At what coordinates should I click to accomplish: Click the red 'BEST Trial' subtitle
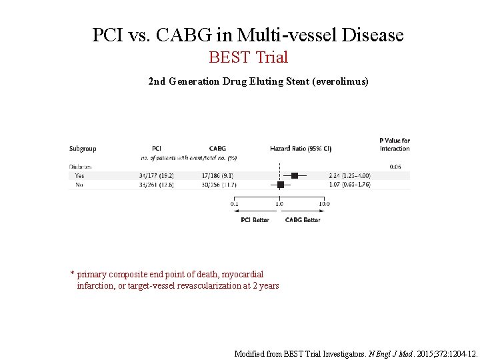pos(248,57)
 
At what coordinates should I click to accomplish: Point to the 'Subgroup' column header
pos(83,149)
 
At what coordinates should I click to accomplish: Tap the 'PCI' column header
pos(157,149)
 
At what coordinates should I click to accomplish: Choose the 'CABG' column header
pos(217,149)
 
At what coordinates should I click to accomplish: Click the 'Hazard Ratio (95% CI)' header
pos(301,149)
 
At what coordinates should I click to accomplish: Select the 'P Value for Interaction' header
pos(395,144)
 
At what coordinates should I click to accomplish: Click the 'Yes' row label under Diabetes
pos(80,175)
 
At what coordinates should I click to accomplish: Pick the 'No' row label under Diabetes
pos(79,184)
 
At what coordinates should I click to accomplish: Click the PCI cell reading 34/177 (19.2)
pos(156,175)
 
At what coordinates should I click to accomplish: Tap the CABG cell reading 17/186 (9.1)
pos(216,175)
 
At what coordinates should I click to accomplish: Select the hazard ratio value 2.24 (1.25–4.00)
pos(349,175)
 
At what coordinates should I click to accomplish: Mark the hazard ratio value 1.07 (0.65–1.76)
pos(349,184)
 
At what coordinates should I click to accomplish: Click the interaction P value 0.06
pos(395,166)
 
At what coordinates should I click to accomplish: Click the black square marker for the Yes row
pos(295,175)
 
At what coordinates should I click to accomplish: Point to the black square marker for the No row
pos(281,184)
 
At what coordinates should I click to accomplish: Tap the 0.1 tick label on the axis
pos(235,203)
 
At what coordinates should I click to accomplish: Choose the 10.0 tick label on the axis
pos(323,203)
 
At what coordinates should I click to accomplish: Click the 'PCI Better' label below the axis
pos(255,219)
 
